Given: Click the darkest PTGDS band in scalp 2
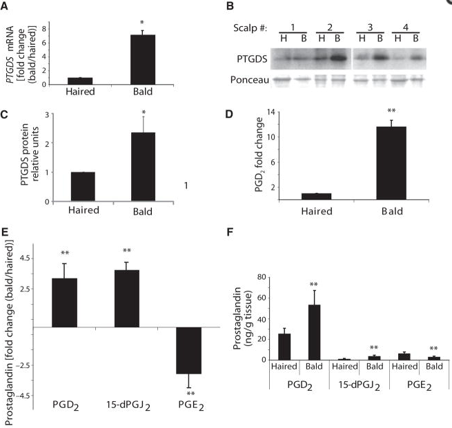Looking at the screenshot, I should coord(337,59).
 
